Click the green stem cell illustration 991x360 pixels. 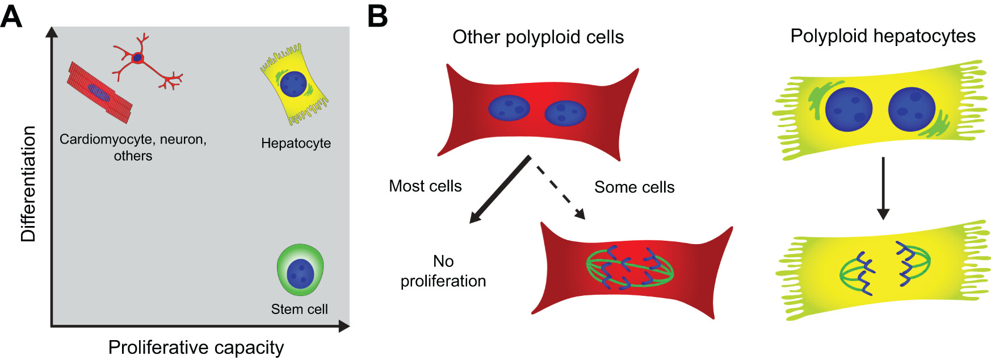click(300, 270)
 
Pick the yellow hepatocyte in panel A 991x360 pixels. click(294, 84)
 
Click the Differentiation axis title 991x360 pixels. click(28, 183)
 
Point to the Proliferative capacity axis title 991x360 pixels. click(196, 347)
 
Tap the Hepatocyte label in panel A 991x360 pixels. click(296, 143)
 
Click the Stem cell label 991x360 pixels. click(299, 309)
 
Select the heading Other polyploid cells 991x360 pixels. click(538, 37)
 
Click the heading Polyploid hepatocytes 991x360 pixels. click(883, 36)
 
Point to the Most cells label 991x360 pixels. click(425, 186)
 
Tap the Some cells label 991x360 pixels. click(634, 187)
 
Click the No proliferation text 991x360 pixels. click(443, 271)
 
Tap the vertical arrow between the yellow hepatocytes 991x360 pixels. click(883, 188)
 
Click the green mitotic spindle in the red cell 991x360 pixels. click(629, 267)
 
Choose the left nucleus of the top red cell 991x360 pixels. click(509, 108)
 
